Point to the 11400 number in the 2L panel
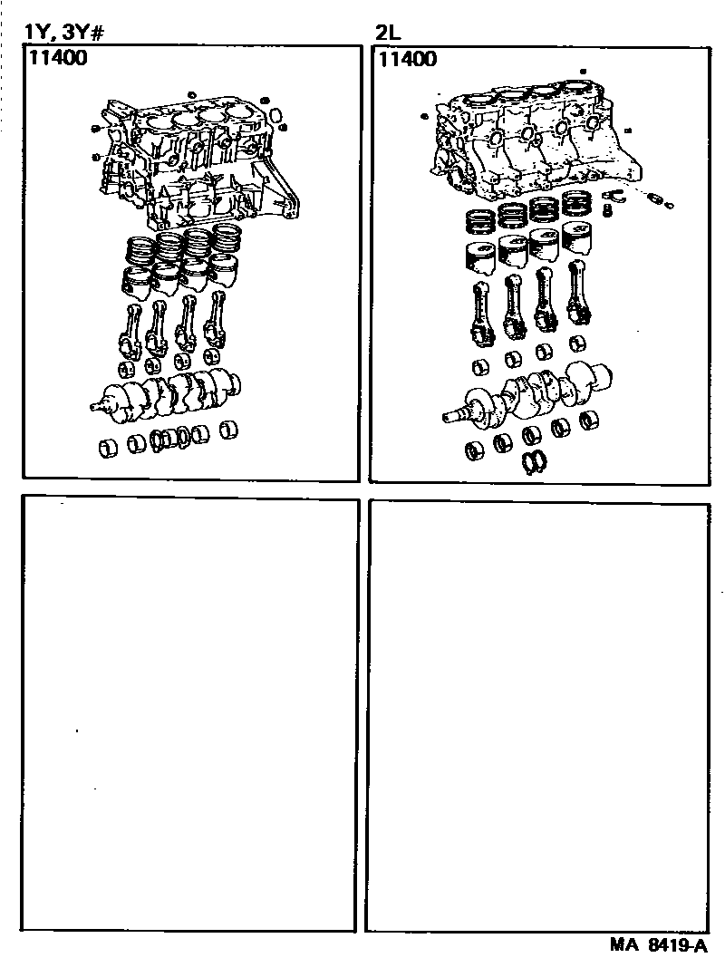[x=407, y=61]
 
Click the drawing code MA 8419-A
[x=657, y=946]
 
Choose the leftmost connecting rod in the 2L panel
[x=481, y=313]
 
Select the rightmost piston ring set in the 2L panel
[x=577, y=204]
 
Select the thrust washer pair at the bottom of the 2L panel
[x=537, y=462]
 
